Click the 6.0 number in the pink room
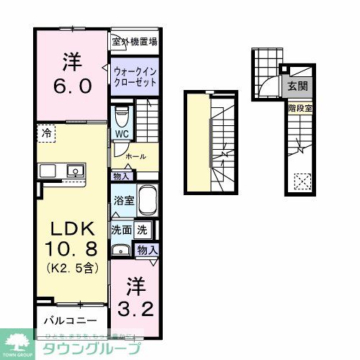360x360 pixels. click(x=70, y=86)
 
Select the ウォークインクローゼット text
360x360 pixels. click(x=134, y=76)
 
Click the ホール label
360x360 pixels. click(x=134, y=156)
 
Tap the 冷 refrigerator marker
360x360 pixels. click(x=46, y=132)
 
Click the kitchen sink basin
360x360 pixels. click(x=73, y=171)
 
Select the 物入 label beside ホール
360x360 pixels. click(x=121, y=175)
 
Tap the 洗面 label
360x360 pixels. click(x=120, y=231)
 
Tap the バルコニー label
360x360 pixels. click(x=63, y=318)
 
